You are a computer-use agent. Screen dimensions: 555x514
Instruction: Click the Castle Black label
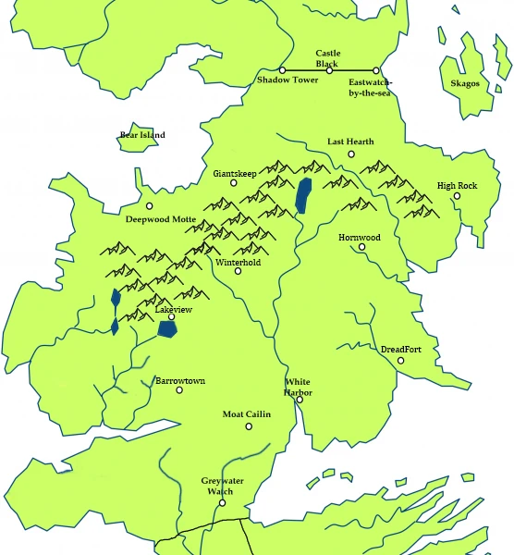[328, 58]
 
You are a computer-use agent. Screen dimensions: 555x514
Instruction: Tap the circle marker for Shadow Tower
[283, 70]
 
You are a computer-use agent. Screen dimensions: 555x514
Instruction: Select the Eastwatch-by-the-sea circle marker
[376, 70]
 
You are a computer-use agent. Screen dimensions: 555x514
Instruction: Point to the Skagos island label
[465, 83]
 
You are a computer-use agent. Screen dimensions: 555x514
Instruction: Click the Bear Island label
[142, 135]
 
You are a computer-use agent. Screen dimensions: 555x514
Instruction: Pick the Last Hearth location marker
[351, 154]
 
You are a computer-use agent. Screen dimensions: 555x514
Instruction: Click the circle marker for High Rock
[457, 196]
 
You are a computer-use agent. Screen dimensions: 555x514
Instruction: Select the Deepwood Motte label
[163, 219]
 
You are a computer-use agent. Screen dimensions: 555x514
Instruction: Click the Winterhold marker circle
[239, 272]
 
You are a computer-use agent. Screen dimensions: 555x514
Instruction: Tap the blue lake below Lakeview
[167, 329]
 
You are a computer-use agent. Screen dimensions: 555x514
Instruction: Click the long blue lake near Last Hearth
[302, 195]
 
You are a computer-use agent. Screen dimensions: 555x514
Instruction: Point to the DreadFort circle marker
[401, 360]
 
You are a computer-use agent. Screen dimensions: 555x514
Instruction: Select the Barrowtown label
[179, 380]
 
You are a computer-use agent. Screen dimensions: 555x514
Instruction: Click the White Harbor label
[298, 387]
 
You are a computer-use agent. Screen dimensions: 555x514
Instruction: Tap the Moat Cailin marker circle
[248, 426]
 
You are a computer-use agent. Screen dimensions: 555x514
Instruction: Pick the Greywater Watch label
[220, 487]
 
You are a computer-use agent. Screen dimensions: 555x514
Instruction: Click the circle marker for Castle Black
[329, 70]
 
